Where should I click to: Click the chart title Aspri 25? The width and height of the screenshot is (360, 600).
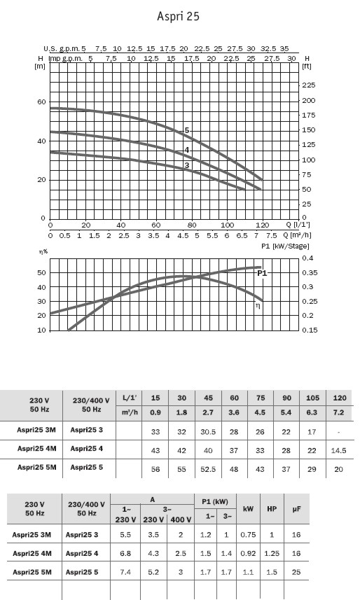(178, 16)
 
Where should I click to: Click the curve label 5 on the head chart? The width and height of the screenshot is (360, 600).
(187, 130)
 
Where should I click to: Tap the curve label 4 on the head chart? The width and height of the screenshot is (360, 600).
(187, 150)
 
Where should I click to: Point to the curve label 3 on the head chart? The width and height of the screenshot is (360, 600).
(187, 165)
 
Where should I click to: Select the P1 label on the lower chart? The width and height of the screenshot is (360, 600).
(262, 273)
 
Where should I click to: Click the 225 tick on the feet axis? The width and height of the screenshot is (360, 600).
(309, 85)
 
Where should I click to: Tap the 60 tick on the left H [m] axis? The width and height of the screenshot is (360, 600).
(41, 102)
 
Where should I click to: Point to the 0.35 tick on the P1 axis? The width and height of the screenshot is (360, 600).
(310, 273)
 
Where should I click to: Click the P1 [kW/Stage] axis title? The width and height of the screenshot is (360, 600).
(285, 246)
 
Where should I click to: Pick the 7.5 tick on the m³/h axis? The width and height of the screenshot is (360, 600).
(272, 236)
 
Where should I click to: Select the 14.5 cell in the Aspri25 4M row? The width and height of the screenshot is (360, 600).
(338, 451)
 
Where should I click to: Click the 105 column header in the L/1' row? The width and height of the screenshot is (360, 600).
(312, 398)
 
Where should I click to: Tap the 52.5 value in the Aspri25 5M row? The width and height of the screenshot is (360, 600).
(208, 470)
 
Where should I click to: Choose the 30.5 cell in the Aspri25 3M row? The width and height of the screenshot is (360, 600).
(208, 432)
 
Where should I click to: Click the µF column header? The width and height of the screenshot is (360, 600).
(296, 509)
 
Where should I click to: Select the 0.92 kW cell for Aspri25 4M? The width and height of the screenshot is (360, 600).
(248, 553)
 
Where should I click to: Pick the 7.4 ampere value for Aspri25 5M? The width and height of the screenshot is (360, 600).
(125, 572)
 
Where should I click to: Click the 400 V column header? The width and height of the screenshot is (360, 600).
(181, 519)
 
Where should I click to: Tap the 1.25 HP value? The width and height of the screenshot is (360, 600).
(272, 553)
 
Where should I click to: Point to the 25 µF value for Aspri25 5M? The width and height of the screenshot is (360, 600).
(296, 572)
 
